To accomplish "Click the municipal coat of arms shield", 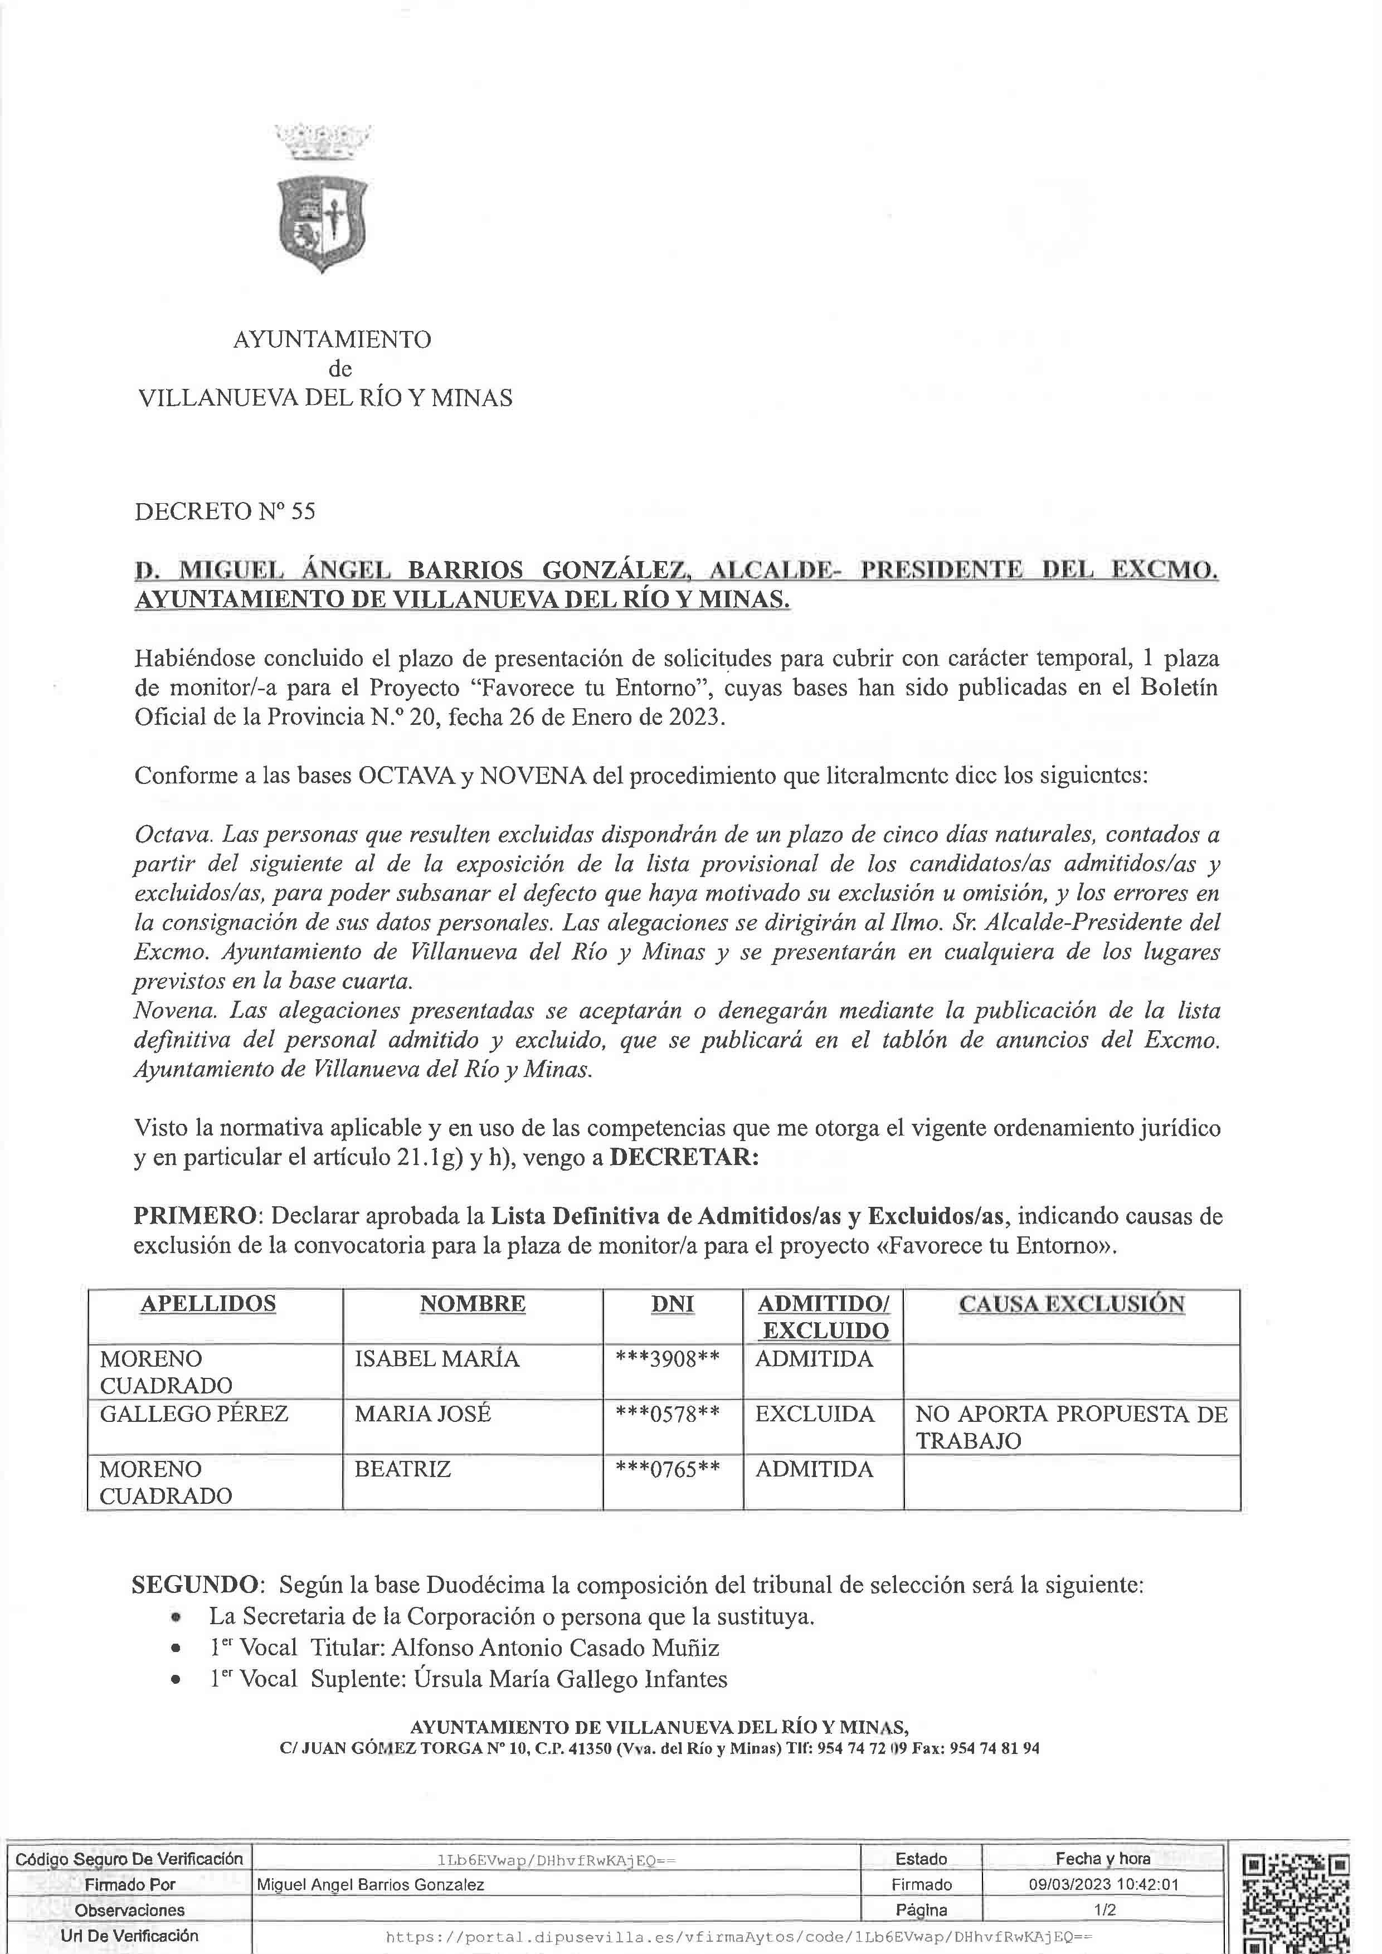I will tap(322, 222).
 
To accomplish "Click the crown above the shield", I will tap(323, 140).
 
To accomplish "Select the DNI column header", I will tap(671, 1304).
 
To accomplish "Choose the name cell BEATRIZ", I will tap(402, 1469).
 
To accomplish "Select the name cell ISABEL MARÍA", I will tap(436, 1358).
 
